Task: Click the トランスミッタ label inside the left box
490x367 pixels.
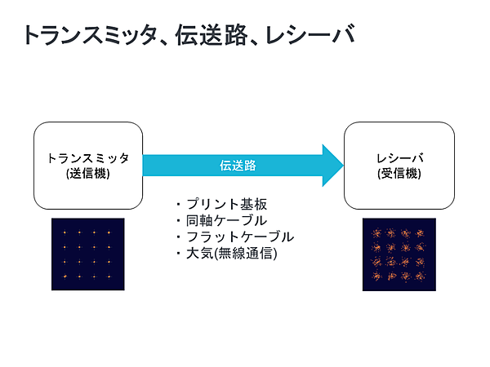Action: tap(88, 158)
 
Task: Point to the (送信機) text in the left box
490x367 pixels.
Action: tap(88, 173)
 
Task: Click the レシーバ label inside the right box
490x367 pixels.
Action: tap(399, 158)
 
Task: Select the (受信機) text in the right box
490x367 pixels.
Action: tap(399, 173)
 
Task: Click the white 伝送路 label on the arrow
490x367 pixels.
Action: tap(238, 166)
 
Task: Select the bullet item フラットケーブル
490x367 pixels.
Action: tap(238, 237)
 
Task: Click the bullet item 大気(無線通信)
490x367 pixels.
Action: tap(231, 254)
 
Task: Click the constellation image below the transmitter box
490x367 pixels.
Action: tap(88, 254)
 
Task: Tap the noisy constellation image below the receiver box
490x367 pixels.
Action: tap(399, 254)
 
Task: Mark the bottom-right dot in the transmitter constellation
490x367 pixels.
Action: tap(109, 277)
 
